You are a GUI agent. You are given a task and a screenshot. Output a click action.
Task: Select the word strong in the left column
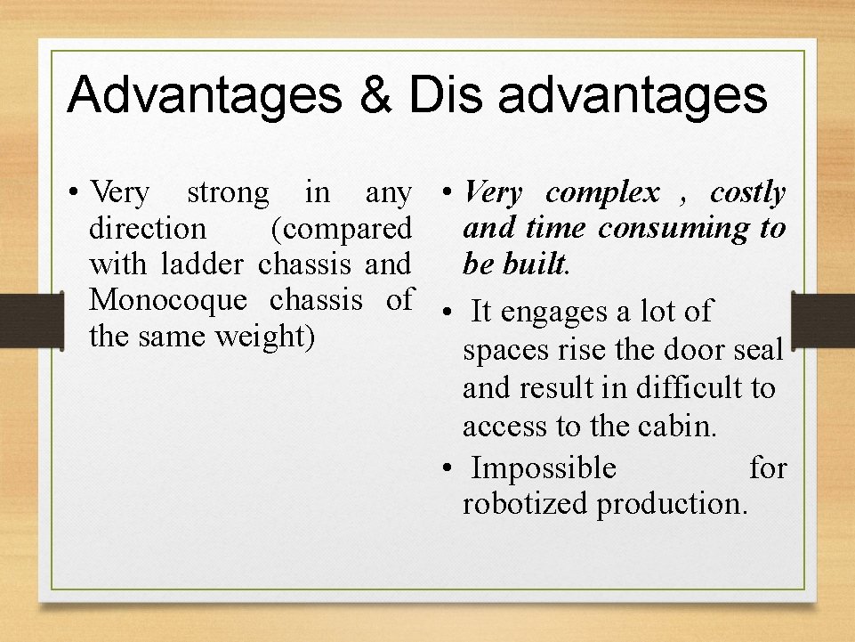coord(227,193)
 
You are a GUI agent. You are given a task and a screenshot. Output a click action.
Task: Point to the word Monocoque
coord(167,300)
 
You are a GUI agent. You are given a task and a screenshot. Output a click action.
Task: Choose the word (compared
coord(341,229)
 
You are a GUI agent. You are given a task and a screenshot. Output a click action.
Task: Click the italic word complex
coord(602,192)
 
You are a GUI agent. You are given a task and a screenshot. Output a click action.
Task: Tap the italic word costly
coord(747,192)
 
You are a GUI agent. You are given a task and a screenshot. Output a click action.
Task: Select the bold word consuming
coord(674,228)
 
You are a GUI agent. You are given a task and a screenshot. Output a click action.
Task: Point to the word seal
coord(760,350)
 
